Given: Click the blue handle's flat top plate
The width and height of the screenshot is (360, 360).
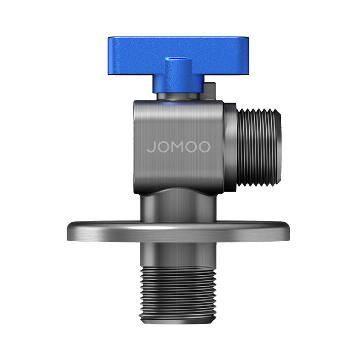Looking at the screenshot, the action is coord(178,55).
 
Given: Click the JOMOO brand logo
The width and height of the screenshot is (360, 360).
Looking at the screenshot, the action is coord(178,147).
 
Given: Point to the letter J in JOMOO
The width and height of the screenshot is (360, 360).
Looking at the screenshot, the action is coord(150,147).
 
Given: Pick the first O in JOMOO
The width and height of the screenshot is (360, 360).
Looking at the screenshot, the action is coord(163,147).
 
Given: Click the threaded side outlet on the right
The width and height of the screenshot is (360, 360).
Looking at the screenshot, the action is coord(258,147).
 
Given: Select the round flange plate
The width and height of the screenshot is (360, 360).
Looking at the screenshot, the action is coord(178,232).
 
